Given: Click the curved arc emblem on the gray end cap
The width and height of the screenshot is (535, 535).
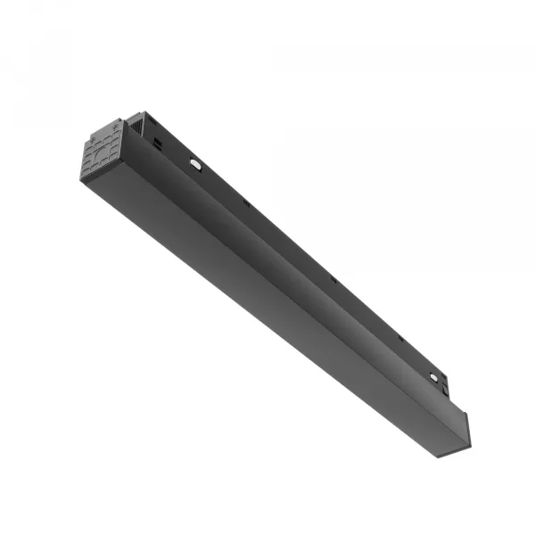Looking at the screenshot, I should tap(103, 157).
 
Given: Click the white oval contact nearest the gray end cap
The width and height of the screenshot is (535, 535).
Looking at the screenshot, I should tap(196, 164).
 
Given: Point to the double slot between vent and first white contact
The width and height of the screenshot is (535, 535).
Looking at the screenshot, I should tap(159, 143).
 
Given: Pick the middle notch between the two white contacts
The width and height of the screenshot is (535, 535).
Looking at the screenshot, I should tap(333, 279).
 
